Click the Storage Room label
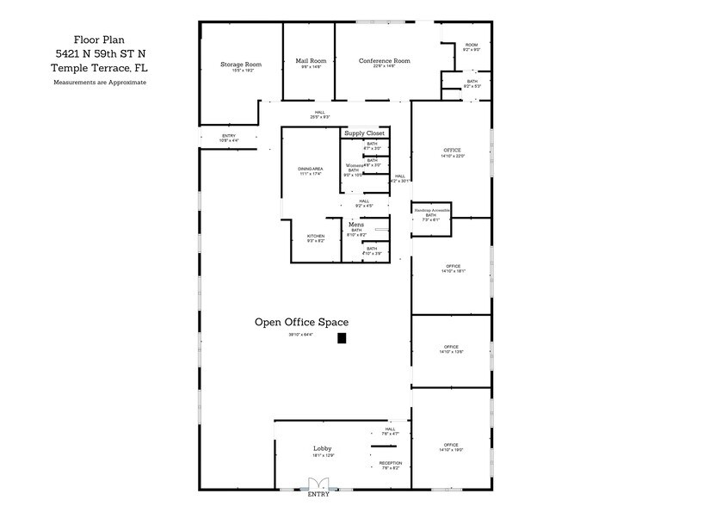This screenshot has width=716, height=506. pyautogui.click(x=241, y=65)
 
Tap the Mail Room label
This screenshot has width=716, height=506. pyautogui.click(x=311, y=60)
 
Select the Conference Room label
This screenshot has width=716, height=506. pyautogui.click(x=384, y=60)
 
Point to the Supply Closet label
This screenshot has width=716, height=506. pyautogui.click(x=364, y=133)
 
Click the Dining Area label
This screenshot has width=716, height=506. pyautogui.click(x=311, y=169)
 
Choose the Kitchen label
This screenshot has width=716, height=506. pyautogui.click(x=316, y=236)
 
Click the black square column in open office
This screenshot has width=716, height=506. pyautogui.click(x=342, y=338)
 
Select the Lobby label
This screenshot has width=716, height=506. pyautogui.click(x=323, y=448)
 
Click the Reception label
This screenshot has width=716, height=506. pyautogui.click(x=391, y=463)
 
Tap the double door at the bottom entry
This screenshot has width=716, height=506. pyautogui.click(x=318, y=484)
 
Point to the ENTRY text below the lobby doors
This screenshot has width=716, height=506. pyautogui.click(x=318, y=495)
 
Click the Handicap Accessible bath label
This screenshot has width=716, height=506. pyautogui.click(x=431, y=210)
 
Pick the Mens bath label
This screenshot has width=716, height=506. pyautogui.click(x=356, y=225)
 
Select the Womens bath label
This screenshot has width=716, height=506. pyautogui.click(x=355, y=165)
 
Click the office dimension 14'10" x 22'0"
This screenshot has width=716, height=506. pyautogui.click(x=453, y=156)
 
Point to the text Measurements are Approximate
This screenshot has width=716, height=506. pyautogui.click(x=100, y=83)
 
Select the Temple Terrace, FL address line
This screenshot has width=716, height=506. pyautogui.click(x=99, y=67)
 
